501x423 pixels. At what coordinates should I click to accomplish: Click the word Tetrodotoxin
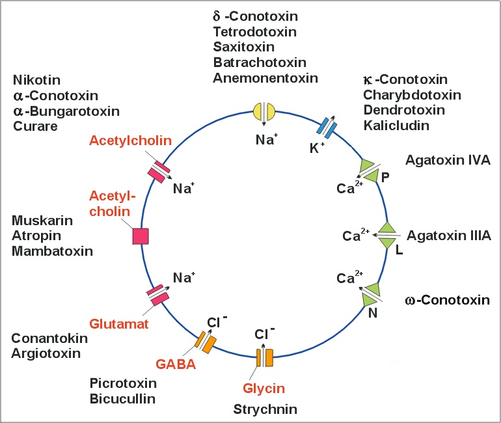point(255,32)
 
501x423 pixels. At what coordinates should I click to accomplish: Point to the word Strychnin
point(265,409)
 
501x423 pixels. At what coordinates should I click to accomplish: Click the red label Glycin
point(264,389)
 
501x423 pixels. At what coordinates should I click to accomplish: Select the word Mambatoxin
point(52,251)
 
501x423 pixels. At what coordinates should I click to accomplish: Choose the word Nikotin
point(36,81)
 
